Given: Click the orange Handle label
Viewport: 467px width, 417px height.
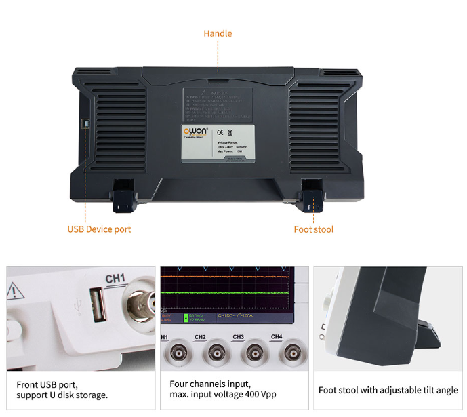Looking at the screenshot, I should click(218, 33).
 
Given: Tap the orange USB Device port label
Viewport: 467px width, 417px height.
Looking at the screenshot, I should click(99, 229).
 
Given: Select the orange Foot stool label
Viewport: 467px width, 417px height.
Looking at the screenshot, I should click(313, 229).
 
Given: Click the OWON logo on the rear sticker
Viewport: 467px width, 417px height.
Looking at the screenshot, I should click(197, 130).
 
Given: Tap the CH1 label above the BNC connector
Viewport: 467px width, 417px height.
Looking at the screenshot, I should click(116, 278).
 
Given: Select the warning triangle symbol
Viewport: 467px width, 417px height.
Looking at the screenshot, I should click(14, 292).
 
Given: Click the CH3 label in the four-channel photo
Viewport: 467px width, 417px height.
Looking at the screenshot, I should click(238, 337).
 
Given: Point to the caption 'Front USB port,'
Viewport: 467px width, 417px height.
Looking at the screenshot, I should click(52, 384).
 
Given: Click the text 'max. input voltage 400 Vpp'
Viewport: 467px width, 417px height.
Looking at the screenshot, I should click(223, 395).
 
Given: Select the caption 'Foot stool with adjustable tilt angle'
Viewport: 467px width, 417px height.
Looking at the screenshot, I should click(388, 390).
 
